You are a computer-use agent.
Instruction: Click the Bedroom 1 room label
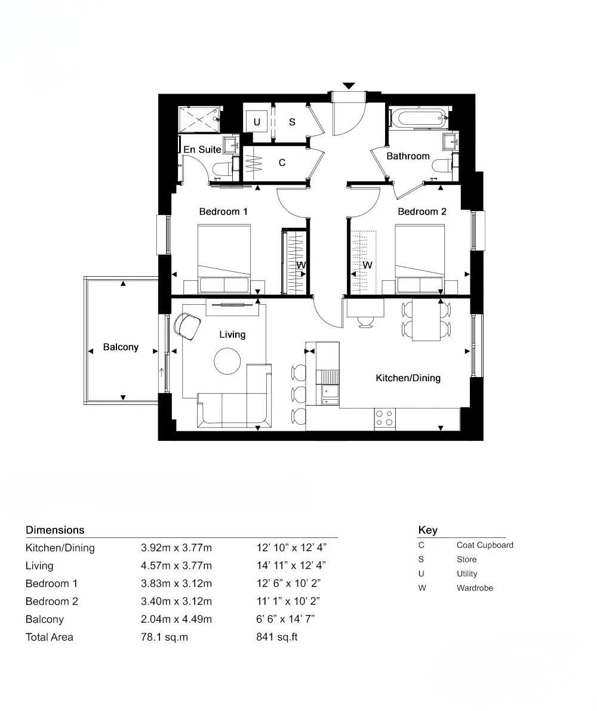[223, 212]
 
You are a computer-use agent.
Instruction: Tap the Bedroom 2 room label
[421, 212]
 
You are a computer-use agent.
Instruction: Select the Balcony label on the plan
[121, 347]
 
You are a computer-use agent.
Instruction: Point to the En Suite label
[202, 150]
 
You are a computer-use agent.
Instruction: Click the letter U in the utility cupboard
[257, 122]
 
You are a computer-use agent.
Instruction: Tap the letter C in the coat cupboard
[282, 162]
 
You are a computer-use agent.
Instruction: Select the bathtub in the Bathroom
[417, 118]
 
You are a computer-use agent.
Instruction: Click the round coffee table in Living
[227, 361]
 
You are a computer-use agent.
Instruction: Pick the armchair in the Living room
[188, 326]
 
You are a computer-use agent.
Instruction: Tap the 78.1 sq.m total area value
[164, 637]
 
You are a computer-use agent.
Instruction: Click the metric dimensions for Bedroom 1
[176, 583]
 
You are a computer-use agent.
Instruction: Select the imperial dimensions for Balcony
[285, 619]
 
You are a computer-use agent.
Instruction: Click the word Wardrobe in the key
[475, 588]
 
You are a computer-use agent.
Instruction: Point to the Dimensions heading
[55, 530]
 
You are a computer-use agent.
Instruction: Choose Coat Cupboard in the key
[485, 545]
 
